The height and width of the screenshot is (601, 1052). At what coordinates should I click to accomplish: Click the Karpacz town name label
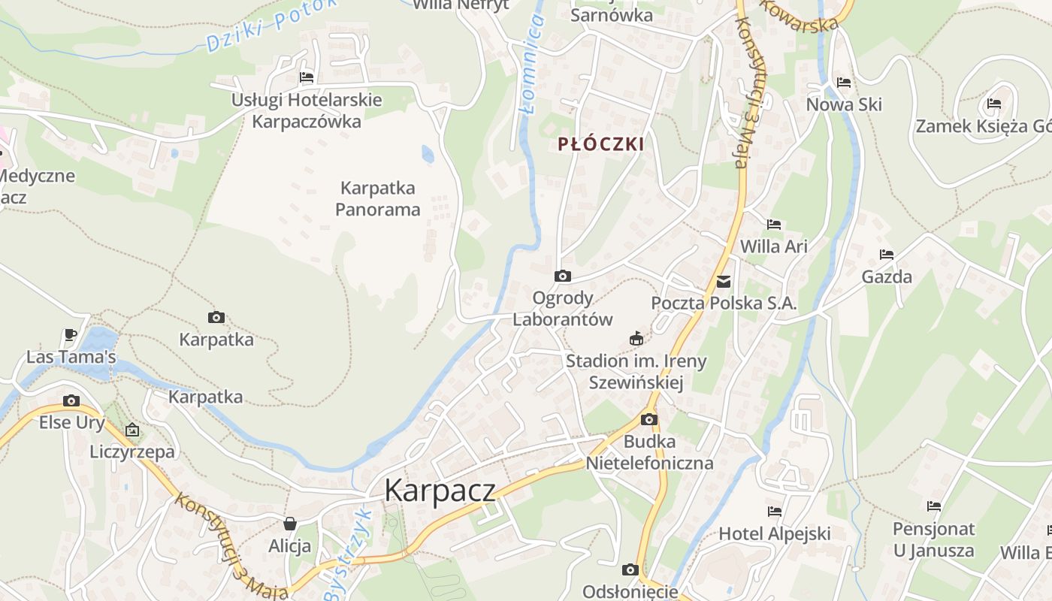[x=440, y=491]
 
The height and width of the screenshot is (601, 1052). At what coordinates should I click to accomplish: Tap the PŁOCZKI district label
[x=601, y=144]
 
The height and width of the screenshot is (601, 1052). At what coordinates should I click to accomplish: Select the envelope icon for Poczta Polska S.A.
[x=724, y=282]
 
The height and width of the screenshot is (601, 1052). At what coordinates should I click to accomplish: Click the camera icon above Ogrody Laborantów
[x=562, y=276]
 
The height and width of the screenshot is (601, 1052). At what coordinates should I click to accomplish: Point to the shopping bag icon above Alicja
[x=290, y=523]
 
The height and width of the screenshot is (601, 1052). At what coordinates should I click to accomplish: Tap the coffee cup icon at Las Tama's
[x=71, y=334]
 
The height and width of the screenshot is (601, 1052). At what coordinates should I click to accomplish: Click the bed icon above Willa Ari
[x=774, y=225]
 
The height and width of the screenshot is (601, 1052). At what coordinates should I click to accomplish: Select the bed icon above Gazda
[x=887, y=255]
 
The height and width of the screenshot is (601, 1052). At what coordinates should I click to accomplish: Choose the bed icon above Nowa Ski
[x=844, y=83]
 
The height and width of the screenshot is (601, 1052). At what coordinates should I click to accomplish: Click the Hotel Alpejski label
[x=775, y=533]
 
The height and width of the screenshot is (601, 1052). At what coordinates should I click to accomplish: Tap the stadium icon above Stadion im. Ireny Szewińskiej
[x=636, y=338]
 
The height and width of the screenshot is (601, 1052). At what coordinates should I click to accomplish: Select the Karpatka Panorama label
[x=377, y=198]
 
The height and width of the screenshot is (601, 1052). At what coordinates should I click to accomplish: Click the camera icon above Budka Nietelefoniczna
[x=648, y=419]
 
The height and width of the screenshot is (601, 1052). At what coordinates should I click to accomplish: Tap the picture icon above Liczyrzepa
[x=132, y=430]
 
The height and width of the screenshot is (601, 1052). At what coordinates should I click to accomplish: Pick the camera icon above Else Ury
[x=71, y=400]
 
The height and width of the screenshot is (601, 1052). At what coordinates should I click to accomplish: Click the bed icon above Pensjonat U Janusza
[x=934, y=506]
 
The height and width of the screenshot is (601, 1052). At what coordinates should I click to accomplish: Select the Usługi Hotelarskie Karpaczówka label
[x=307, y=110]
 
